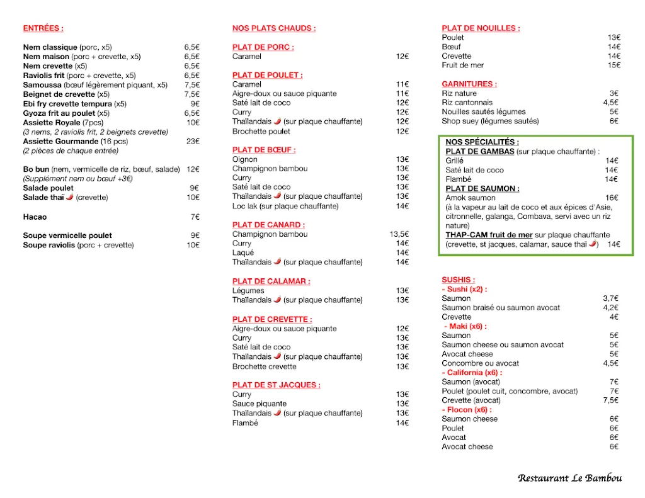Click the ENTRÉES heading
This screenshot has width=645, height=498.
point(43,28)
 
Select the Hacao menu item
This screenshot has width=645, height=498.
point(35,217)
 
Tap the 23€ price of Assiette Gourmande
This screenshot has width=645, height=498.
point(192,142)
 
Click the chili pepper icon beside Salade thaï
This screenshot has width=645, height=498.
point(69,197)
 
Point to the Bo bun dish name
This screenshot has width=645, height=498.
point(36,169)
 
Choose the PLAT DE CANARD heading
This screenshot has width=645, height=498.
point(268,225)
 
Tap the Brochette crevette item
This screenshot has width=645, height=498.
point(264,366)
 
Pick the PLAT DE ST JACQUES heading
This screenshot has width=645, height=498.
point(276,385)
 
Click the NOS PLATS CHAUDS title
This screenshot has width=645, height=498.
point(273,28)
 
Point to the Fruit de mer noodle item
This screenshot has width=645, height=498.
point(462,65)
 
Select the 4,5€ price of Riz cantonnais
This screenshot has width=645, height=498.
point(610,103)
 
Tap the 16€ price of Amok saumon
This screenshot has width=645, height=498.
point(611,198)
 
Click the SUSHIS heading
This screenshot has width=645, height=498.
point(458,280)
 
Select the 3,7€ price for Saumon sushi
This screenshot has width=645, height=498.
point(610,298)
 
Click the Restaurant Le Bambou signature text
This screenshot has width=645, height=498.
point(569,478)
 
